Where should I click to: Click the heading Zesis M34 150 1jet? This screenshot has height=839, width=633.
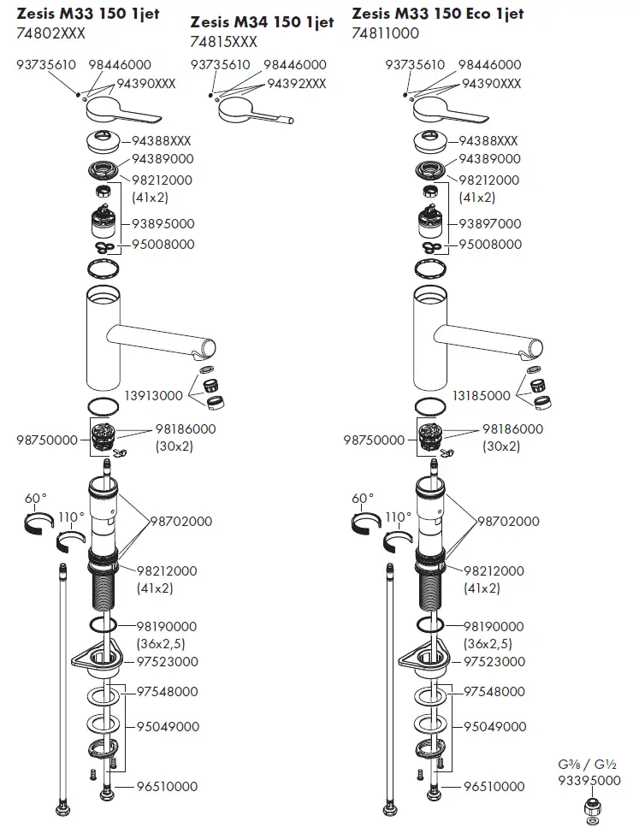pyautogui.click(x=262, y=22)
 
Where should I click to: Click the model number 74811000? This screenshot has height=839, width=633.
pyautogui.click(x=385, y=33)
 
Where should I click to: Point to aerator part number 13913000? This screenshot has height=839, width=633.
pyautogui.click(x=153, y=396)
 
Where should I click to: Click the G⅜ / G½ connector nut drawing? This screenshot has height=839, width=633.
pyautogui.click(x=590, y=806)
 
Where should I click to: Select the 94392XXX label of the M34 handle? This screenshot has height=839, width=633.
pyautogui.click(x=297, y=84)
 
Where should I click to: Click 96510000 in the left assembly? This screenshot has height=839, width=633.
pyautogui.click(x=167, y=787)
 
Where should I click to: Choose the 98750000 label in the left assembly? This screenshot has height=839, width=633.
pyautogui.click(x=46, y=440)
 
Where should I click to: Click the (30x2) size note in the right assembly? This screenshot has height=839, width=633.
pyautogui.click(x=500, y=446)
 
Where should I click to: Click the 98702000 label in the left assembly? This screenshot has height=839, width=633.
pyautogui.click(x=181, y=522)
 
